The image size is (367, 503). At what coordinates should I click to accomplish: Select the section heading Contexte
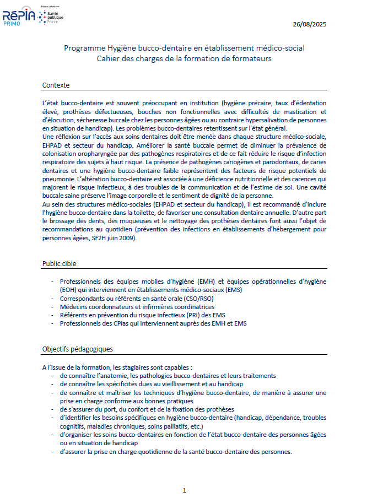(56, 85)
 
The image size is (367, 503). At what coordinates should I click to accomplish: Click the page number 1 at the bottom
(185, 490)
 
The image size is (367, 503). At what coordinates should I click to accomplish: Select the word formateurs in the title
(252, 58)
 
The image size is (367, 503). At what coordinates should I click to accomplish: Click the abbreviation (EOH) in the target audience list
(70, 290)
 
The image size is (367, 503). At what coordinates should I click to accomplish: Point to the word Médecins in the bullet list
(75, 307)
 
